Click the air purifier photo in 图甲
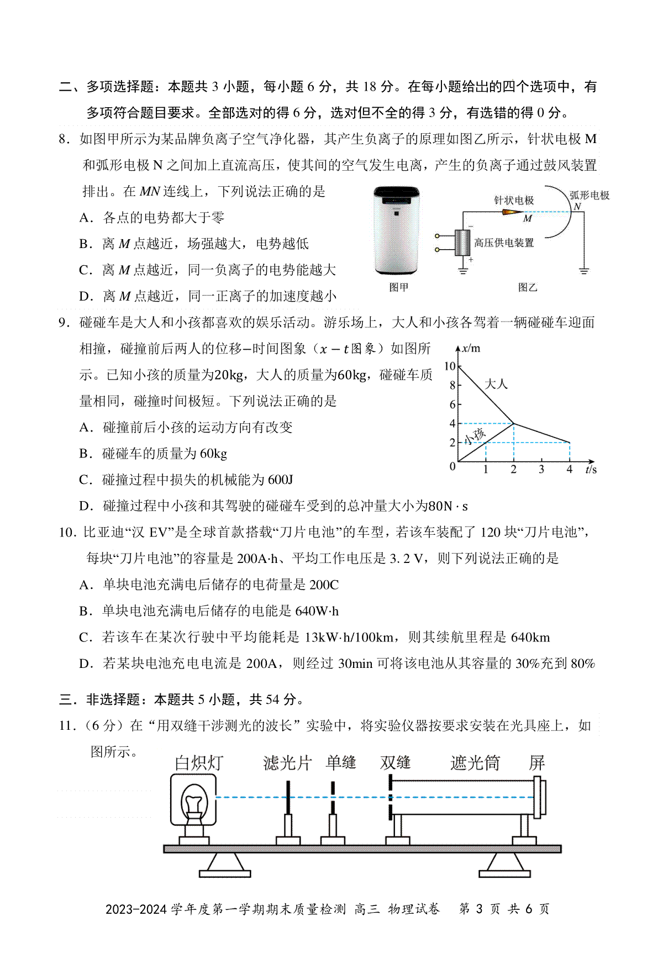(x=397, y=230)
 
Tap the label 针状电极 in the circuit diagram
(x=513, y=201)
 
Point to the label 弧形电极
(x=589, y=195)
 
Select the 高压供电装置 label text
(x=504, y=243)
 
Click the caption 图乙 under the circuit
(x=527, y=287)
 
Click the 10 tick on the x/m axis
(x=450, y=366)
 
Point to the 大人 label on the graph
(x=496, y=384)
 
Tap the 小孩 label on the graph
(x=475, y=435)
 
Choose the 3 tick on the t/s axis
(x=541, y=470)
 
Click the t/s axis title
(x=591, y=470)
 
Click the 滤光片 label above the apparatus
(x=287, y=763)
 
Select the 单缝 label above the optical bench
(x=341, y=762)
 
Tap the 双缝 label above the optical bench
(x=395, y=762)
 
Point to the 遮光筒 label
(x=475, y=763)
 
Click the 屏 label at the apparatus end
(x=537, y=763)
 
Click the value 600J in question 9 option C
(x=280, y=480)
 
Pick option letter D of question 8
(x=85, y=296)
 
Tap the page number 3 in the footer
(x=478, y=909)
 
